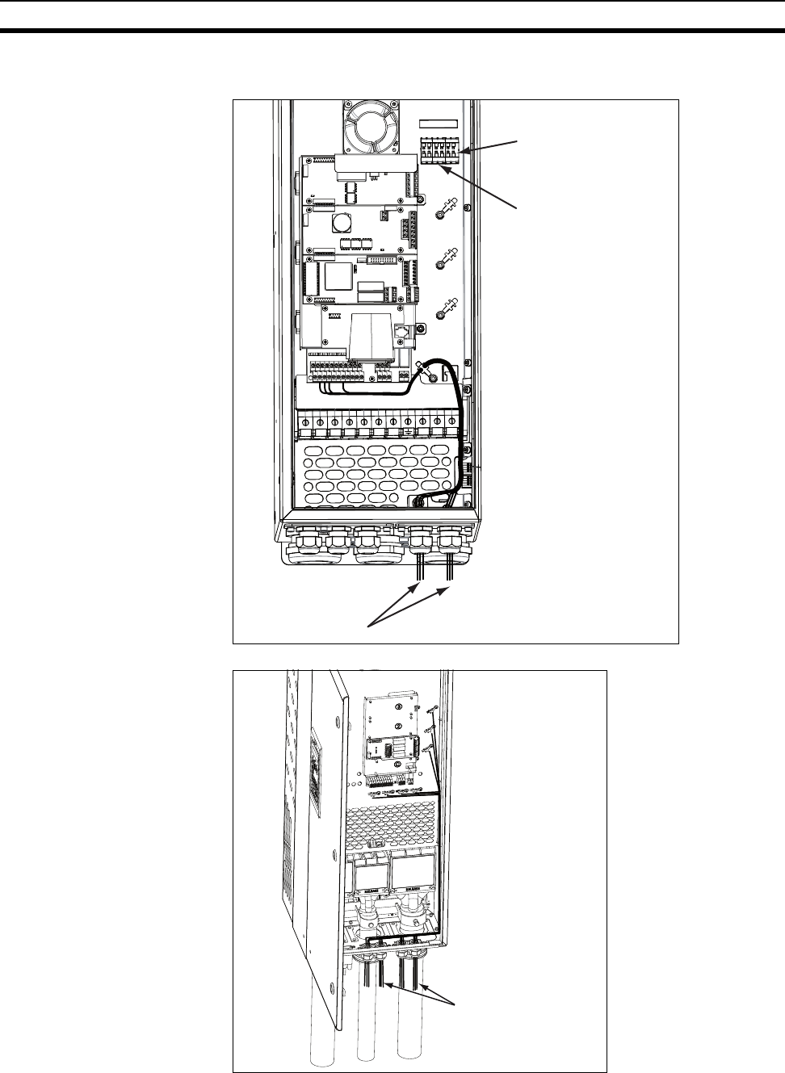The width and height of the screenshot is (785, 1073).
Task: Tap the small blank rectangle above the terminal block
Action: pyautogui.click(x=439, y=124)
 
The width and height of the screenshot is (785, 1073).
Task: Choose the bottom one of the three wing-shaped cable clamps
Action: pyautogui.click(x=443, y=310)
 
